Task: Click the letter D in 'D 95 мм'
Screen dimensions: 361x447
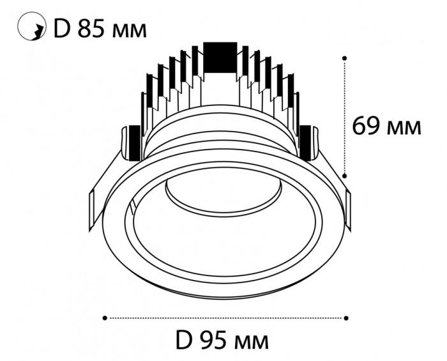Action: click(x=185, y=339)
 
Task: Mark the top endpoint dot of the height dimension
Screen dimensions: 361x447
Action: click(x=345, y=58)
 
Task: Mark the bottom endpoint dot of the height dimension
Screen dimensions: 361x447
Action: click(x=345, y=175)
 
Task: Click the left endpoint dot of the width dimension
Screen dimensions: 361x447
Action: click(x=104, y=317)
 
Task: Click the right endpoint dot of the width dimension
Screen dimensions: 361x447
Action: click(x=346, y=317)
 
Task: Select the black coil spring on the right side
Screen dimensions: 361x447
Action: click(x=307, y=142)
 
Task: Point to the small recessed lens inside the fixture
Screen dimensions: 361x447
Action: click(x=224, y=197)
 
